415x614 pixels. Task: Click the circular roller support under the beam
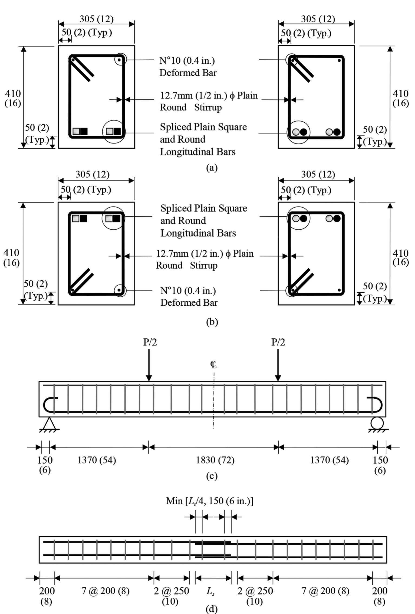coord(377,423)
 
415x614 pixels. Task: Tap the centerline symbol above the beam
coord(213,365)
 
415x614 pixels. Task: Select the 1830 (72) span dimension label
coord(215,460)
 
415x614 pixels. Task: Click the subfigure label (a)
coord(212,168)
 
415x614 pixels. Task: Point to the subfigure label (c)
coord(212,476)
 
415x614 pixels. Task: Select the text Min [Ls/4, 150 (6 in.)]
coord(210,501)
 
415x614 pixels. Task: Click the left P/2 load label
coord(150,342)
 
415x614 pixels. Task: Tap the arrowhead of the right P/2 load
coord(278,378)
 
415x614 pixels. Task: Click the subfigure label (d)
coord(212,609)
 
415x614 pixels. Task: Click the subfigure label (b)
coord(212,322)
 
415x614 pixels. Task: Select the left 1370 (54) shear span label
coord(97,460)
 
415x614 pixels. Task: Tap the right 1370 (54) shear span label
coord(329,460)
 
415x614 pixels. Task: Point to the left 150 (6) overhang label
coord(45,465)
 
